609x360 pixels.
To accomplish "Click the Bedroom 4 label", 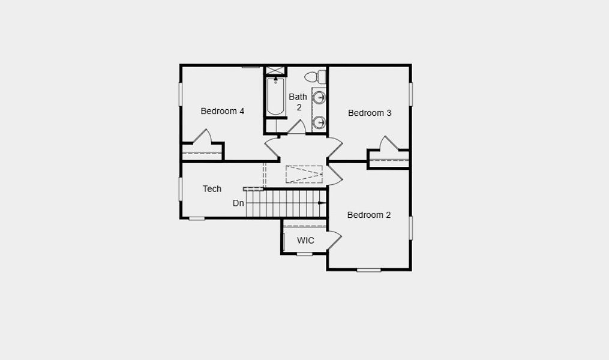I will point(222,111).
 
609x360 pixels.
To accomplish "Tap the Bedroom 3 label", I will point(370,113).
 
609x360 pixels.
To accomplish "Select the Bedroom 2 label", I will point(369,215).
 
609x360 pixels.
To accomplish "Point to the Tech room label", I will point(212,189).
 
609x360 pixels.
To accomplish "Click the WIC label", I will point(305,241).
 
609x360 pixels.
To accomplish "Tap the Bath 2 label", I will point(298,102).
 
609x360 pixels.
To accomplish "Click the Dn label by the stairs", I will point(238,203).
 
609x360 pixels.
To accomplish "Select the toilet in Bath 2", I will point(314,77).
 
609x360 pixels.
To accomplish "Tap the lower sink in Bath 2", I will point(320,122).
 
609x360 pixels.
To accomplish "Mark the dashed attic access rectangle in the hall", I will point(304,173).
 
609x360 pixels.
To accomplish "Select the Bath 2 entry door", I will point(296,127).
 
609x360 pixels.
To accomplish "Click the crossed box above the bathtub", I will point(276,71).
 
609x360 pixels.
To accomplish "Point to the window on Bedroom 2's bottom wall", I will point(369,270).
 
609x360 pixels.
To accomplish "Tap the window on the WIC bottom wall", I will point(305,254).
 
